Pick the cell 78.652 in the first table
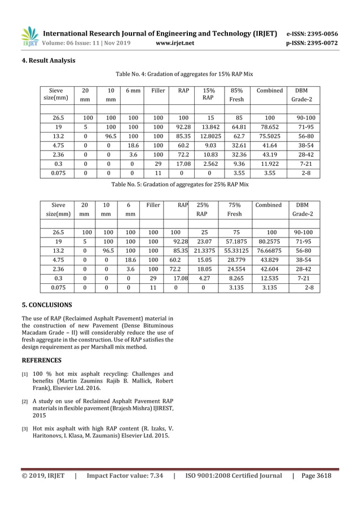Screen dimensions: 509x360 (270, 128)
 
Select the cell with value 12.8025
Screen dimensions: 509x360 (209, 136)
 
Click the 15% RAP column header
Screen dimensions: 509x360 (209, 94)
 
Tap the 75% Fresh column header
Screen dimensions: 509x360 (234, 209)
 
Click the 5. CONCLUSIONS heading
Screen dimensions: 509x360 (47, 305)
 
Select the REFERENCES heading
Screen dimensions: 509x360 (42, 359)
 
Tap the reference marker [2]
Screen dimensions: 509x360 (25, 402)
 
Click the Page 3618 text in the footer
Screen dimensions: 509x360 (316, 476)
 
